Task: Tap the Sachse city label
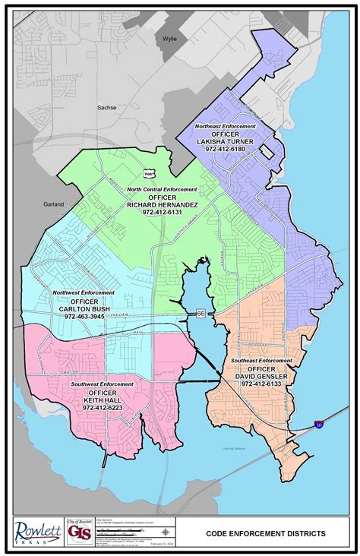click(106, 108)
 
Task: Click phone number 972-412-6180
click(225, 149)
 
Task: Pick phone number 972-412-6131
click(163, 212)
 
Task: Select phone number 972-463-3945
click(84, 315)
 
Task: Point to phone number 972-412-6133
click(261, 384)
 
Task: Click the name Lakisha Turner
click(226, 141)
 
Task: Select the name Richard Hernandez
click(163, 204)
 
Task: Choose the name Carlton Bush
click(84, 308)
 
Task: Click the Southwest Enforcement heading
click(103, 384)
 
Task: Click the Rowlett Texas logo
click(37, 530)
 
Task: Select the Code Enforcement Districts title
click(266, 533)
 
